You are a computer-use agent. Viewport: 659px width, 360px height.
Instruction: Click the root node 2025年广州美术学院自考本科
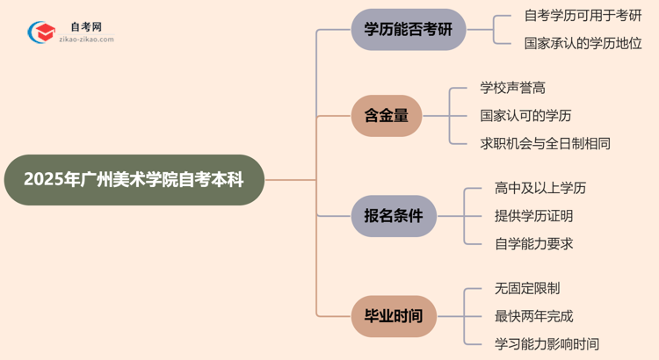click(134, 180)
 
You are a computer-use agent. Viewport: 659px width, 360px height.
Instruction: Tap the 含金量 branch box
click(387, 116)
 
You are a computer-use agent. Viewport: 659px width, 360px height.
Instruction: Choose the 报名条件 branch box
click(393, 216)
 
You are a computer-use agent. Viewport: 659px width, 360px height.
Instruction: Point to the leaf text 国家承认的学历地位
click(582, 43)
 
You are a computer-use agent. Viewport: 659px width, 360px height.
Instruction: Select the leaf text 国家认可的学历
click(526, 116)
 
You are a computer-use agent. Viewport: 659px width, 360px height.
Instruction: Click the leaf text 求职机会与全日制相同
click(545, 143)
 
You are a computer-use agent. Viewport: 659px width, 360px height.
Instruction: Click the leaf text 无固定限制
click(526, 288)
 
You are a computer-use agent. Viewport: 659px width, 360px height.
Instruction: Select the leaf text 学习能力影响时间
click(547, 343)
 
